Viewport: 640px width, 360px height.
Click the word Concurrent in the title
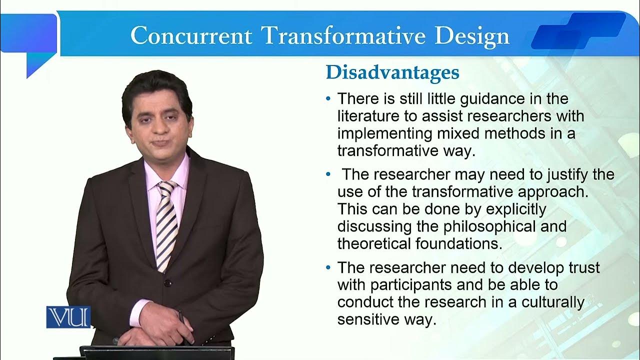click(x=191, y=35)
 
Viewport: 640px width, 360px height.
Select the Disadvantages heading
click(x=392, y=72)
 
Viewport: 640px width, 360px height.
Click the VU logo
click(x=68, y=317)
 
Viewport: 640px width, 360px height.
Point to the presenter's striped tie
click(x=167, y=225)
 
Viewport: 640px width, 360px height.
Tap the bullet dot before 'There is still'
click(x=328, y=99)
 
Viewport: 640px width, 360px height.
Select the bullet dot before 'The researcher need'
click(x=328, y=268)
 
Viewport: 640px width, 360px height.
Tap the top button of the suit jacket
click(x=168, y=283)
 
